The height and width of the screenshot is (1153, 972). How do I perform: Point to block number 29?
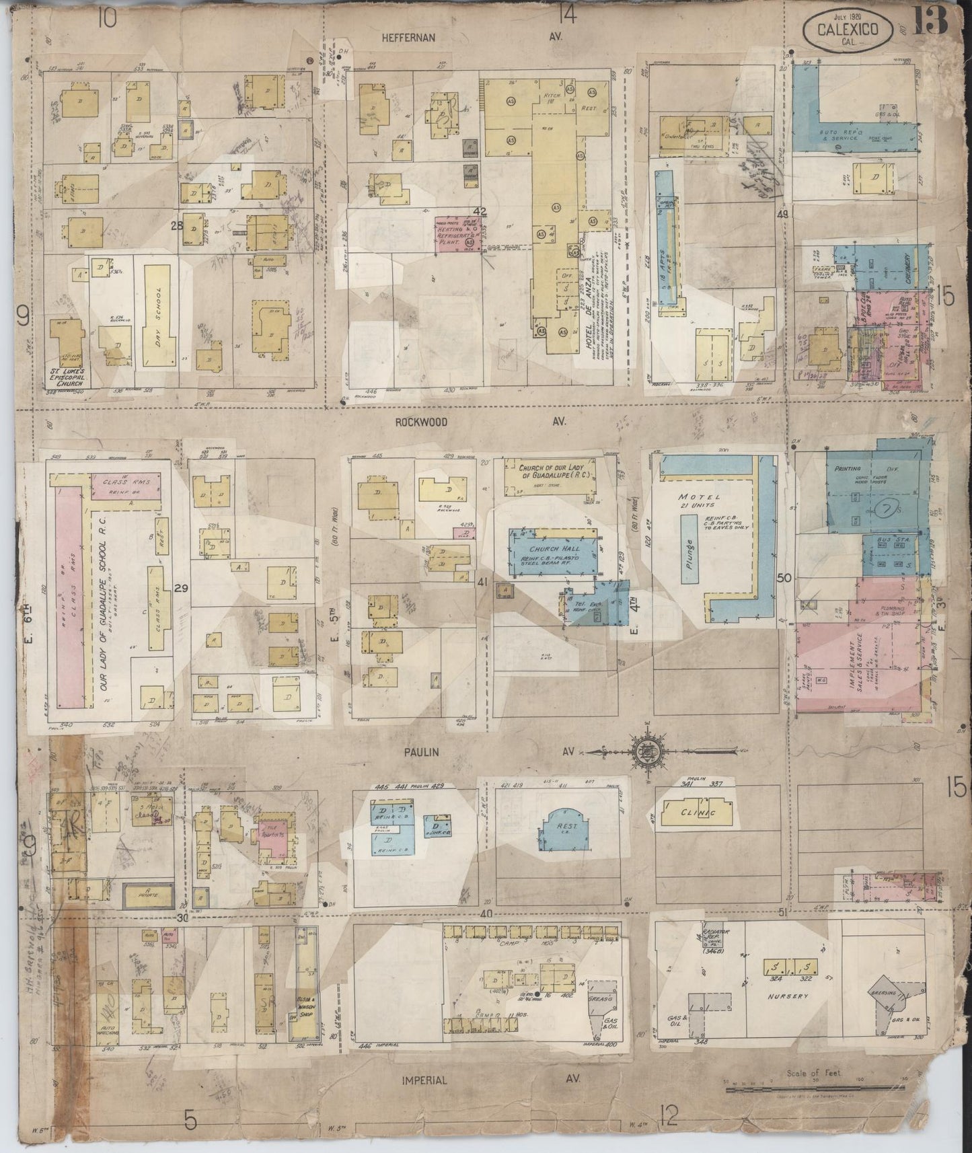180,589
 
